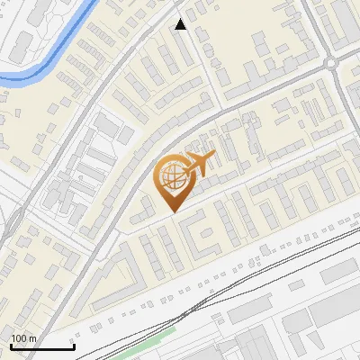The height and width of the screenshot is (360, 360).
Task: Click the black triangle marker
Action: coord(181,24)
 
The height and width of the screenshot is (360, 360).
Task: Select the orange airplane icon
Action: coord(195,164)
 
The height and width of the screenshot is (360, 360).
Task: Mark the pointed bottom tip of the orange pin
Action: coord(172,211)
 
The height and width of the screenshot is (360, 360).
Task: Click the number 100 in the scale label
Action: coord(19,337)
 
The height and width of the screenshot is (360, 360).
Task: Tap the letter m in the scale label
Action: coord(32,337)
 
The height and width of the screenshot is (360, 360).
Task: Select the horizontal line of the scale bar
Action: coord(42,346)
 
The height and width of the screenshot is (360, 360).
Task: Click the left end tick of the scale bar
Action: coord(11,345)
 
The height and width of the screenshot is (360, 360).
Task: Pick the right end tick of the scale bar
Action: coord(74,345)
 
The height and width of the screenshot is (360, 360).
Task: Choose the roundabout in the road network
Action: coord(331,63)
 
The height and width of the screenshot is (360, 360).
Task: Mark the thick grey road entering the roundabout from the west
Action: coord(270,85)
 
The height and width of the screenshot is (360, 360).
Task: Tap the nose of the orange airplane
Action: coord(213,157)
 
